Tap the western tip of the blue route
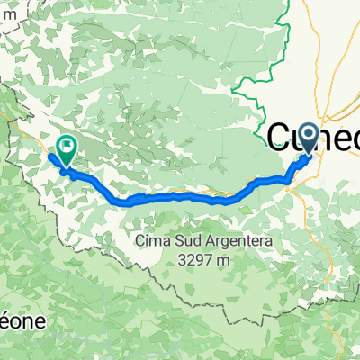click(50, 157)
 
